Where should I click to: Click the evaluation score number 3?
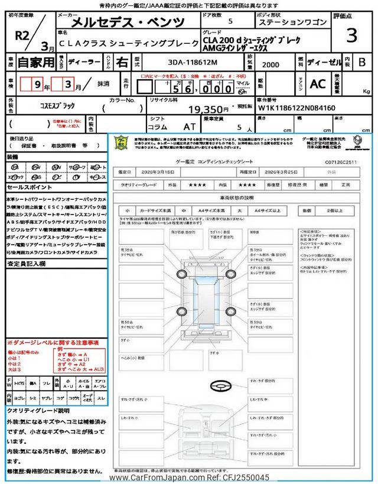pos(351,35)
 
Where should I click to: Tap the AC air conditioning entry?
pos(318,84)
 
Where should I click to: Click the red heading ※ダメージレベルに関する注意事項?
pos(53,343)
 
